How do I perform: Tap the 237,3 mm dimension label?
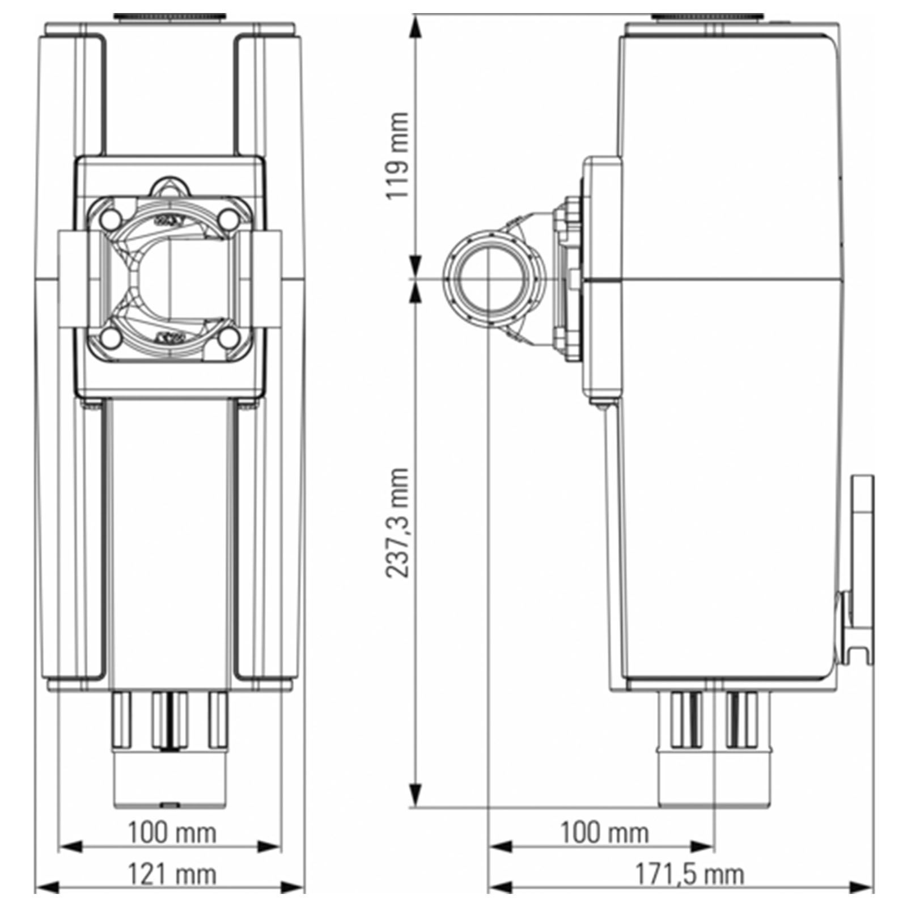coord(396,522)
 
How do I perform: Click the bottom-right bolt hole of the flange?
coord(229,338)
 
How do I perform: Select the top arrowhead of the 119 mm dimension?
coord(417,26)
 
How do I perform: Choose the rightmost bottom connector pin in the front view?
coord(218,719)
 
